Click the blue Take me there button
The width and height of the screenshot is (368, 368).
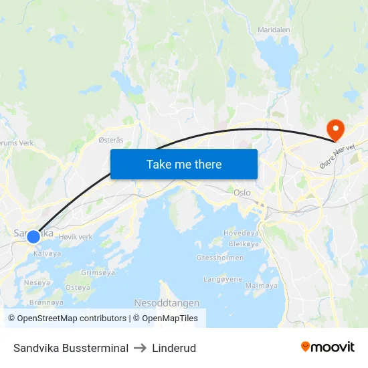pyautogui.click(x=184, y=164)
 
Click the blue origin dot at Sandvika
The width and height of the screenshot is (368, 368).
pyautogui.click(x=33, y=236)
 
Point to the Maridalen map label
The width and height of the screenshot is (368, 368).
pyautogui.click(x=274, y=30)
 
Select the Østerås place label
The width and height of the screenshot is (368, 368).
pyautogui.click(x=111, y=140)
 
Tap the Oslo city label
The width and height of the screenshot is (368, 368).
pyautogui.click(x=242, y=192)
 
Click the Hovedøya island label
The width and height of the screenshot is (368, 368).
pyautogui.click(x=241, y=234)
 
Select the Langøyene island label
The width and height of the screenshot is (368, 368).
pyautogui.click(x=223, y=279)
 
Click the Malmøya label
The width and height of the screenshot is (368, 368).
pyautogui.click(x=262, y=286)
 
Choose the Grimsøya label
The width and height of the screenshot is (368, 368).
pyautogui.click(x=98, y=272)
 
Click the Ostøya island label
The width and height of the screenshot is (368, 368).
pyautogui.click(x=78, y=287)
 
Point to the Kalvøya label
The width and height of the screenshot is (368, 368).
pyautogui.click(x=47, y=254)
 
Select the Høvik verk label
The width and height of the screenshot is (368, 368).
pyautogui.click(x=76, y=237)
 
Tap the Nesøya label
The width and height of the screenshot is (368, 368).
pyautogui.click(x=37, y=282)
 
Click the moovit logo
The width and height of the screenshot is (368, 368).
pyautogui.click(x=328, y=347)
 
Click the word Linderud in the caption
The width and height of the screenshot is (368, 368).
pyautogui.click(x=174, y=348)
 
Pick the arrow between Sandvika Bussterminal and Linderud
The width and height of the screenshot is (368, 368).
pyautogui.click(x=141, y=348)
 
